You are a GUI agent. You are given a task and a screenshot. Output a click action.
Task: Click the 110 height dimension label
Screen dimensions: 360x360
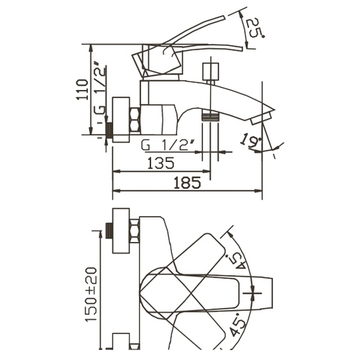tap(82, 89)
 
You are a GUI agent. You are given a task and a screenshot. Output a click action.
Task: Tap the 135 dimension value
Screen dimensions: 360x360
tap(161, 163)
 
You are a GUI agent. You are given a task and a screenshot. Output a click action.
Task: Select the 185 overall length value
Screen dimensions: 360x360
tap(187, 183)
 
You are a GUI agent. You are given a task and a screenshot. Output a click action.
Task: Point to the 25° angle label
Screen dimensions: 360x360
tap(254, 27)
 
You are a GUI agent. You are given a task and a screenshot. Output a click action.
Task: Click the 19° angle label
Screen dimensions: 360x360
tap(251, 141)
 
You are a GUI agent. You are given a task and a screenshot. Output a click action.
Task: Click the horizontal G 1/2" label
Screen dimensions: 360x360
tap(168, 145)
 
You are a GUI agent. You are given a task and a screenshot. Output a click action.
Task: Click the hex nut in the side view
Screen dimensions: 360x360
tap(135, 120)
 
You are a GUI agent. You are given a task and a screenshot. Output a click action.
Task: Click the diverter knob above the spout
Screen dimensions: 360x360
tap(211, 71)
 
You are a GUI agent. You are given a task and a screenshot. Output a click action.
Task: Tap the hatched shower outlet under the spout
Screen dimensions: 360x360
tap(210, 117)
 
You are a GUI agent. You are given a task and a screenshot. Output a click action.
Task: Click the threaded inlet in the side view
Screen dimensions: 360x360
tap(109, 130)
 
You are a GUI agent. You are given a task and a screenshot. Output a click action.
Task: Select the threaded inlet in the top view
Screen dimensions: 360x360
tap(109, 231)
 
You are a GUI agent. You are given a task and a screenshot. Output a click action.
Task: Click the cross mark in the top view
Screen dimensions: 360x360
tap(253, 293)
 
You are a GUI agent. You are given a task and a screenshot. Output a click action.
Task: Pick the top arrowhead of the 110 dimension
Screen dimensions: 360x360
tap(91, 48)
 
